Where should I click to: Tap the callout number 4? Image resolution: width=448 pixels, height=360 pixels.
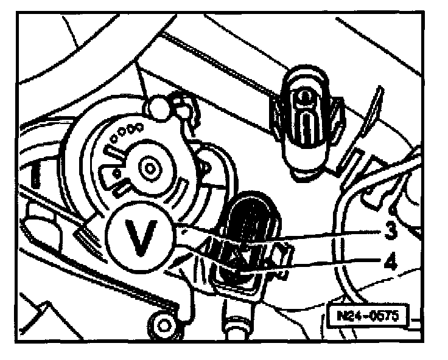coord(389,264)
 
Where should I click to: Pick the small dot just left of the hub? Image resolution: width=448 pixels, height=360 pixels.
coord(117,173)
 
